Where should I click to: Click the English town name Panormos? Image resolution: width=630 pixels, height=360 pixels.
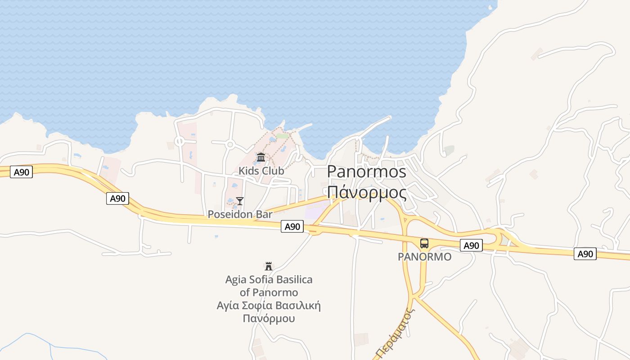coord(366,171)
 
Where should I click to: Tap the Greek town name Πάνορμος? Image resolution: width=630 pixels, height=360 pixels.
coord(366,192)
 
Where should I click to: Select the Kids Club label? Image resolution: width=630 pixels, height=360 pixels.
coord(261,171)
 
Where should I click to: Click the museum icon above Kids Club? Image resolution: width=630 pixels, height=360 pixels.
coord(261,157)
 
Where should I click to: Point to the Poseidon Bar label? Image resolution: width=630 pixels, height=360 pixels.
coord(240,215)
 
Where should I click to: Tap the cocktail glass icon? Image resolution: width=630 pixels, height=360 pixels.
coord(240,201)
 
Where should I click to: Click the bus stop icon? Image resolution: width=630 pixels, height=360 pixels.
coord(424,243)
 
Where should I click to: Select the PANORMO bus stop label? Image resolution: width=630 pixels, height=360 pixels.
coord(424,256)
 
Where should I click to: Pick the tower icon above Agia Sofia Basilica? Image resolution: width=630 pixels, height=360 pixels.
coord(269,266)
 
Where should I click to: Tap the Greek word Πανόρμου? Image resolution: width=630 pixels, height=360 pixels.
coord(269,319)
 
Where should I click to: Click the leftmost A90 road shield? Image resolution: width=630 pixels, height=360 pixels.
coord(21,172)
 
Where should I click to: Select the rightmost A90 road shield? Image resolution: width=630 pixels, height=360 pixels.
coord(585,254)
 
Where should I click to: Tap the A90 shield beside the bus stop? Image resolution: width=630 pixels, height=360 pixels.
coord(471,245)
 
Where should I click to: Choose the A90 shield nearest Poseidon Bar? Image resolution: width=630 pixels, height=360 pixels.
coord(292,226)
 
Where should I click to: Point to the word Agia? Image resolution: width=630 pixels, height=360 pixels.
coord(236,280)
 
